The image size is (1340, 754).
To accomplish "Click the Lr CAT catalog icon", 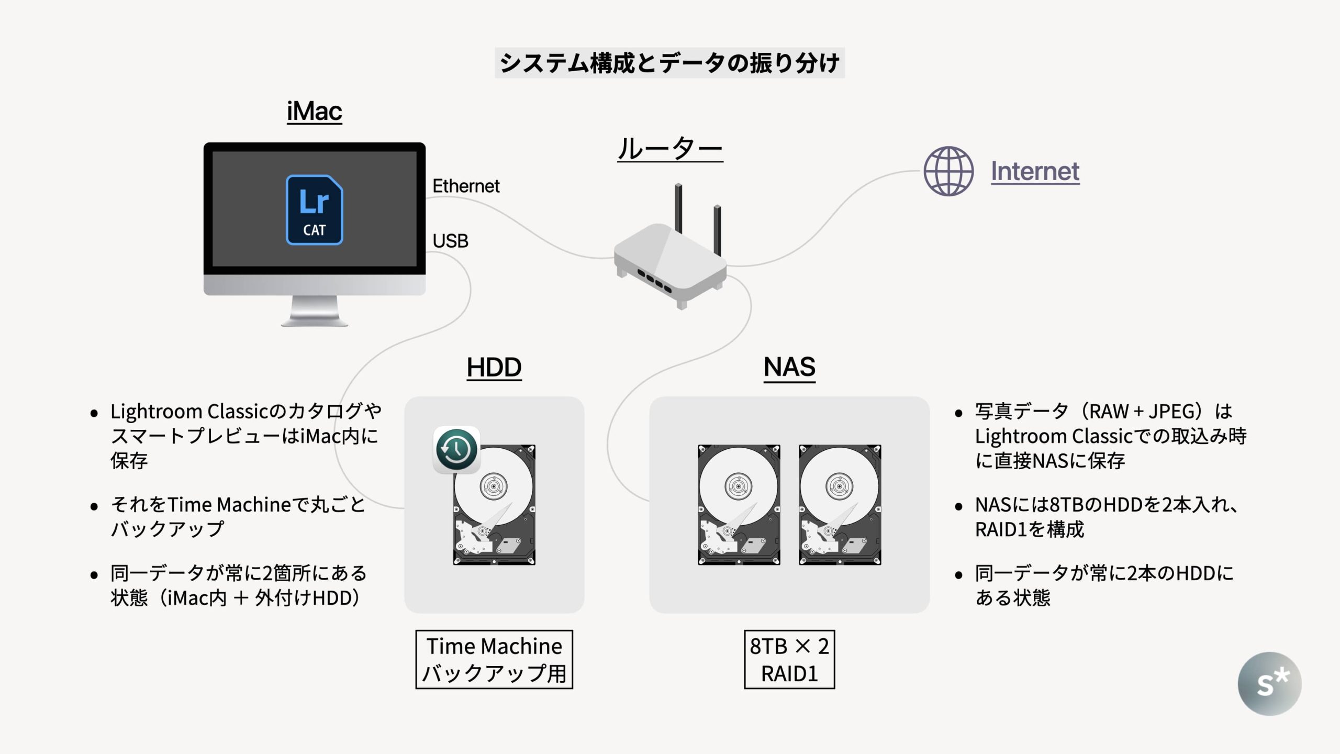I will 314,210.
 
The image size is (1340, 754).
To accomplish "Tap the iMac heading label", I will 314,111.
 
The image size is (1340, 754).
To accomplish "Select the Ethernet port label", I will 466,186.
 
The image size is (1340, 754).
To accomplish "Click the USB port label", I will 450,241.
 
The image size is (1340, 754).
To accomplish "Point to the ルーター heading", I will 670,149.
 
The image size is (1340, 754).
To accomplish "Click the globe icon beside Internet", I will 948,171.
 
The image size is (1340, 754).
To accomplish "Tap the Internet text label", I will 1035,171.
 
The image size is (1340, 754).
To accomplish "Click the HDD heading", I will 494,367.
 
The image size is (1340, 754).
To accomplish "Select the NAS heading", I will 789,367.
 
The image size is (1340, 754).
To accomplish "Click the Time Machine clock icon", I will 456,450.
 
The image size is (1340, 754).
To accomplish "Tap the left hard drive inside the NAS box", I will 739,505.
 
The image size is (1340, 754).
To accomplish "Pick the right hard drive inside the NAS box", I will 840,505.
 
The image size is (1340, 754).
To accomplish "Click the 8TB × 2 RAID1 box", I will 789,660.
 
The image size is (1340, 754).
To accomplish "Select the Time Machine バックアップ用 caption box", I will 494,660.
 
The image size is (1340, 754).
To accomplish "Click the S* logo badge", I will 1269,683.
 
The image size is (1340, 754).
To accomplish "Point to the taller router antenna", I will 678,207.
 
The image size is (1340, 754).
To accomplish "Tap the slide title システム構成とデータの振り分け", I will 669,63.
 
